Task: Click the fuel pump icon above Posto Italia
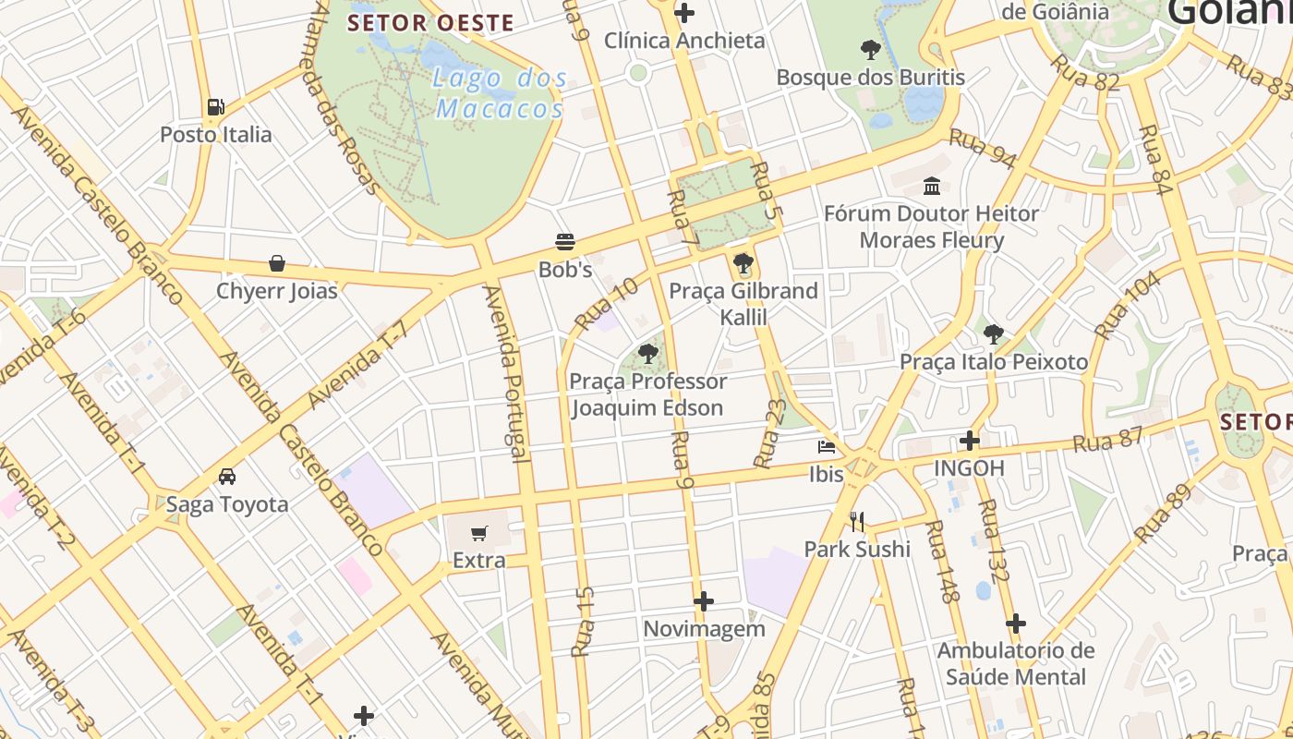pyautogui.click(x=215, y=107)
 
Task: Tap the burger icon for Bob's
pyautogui.click(x=565, y=242)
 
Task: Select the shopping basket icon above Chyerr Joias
pyautogui.click(x=276, y=263)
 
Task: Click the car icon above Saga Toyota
pyautogui.click(x=227, y=477)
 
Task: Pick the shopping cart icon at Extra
pyautogui.click(x=478, y=533)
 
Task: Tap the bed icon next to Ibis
pyautogui.click(x=827, y=447)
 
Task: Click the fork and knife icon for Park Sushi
pyautogui.click(x=857, y=522)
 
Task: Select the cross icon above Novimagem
pyautogui.click(x=704, y=601)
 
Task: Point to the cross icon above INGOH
pyautogui.click(x=969, y=441)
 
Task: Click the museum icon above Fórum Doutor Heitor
pyautogui.click(x=931, y=187)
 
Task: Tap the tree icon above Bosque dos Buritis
pyautogui.click(x=870, y=50)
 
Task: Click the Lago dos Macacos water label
pyautogui.click(x=500, y=93)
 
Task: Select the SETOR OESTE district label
pyautogui.click(x=430, y=22)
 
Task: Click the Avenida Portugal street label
pyautogui.click(x=506, y=373)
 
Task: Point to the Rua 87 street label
pyautogui.click(x=1107, y=440)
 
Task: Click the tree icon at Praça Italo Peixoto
pyautogui.click(x=994, y=334)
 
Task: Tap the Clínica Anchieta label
pyautogui.click(x=684, y=41)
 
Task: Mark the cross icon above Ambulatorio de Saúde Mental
pyautogui.click(x=1016, y=624)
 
